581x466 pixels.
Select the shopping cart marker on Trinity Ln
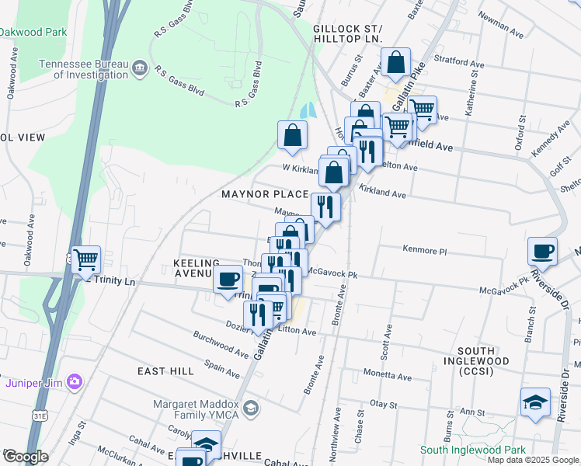[85, 259]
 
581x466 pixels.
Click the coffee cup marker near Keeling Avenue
[228, 279]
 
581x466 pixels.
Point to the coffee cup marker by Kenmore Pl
[542, 251]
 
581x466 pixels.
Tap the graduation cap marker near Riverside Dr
[536, 402]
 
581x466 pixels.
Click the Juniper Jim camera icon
[75, 381]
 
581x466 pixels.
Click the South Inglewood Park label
[472, 450]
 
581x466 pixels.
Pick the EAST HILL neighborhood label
[165, 371]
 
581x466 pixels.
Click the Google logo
[25, 457]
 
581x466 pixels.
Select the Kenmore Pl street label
[425, 251]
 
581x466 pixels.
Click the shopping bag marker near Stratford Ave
[395, 63]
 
